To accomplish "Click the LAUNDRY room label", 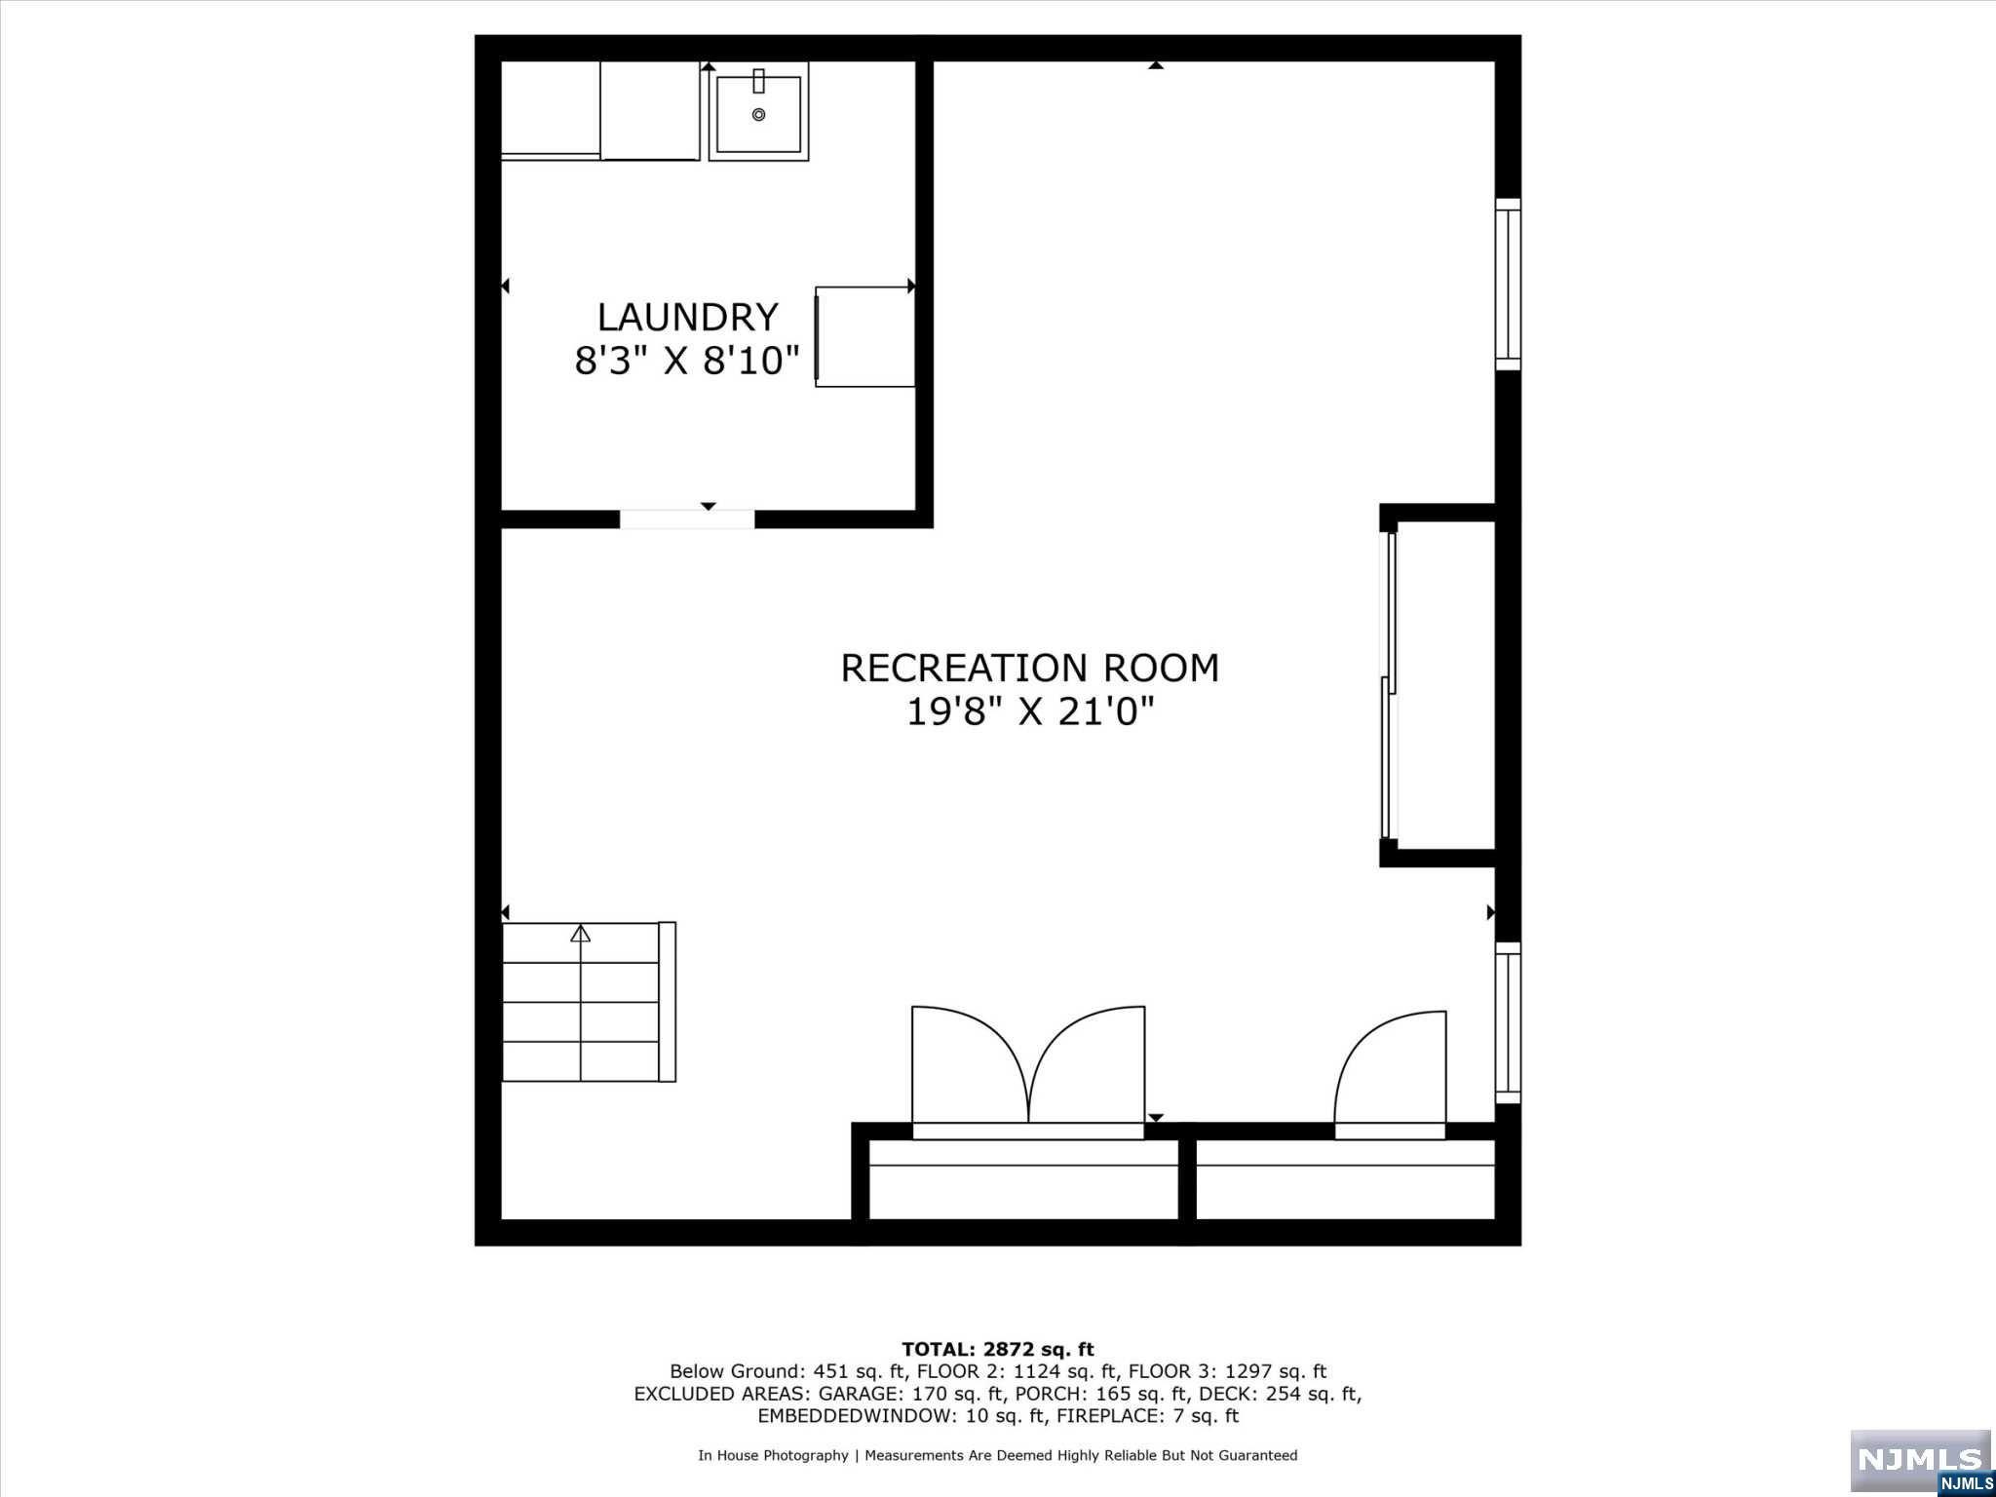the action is point(687,318).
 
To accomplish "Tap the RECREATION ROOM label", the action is point(1030,669).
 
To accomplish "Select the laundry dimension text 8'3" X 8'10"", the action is point(687,362).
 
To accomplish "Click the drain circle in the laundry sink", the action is point(758,115).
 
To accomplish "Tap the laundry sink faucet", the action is point(758,81).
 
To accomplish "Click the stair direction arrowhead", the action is point(581,933).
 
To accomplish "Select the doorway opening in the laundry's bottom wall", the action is point(687,518).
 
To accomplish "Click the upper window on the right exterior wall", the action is point(1508,285).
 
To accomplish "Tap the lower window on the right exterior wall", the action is point(1508,1022).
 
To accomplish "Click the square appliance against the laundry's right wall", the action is point(864,336).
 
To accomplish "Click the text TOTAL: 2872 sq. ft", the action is point(998,1349).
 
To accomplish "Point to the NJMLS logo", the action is point(1920,1462).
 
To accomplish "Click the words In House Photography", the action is point(773,1455).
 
